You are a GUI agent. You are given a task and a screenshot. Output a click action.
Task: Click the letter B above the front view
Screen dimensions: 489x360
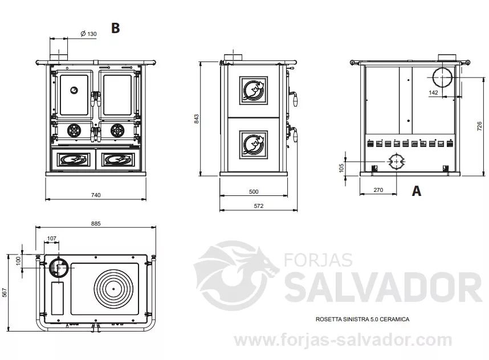[x=115, y=28]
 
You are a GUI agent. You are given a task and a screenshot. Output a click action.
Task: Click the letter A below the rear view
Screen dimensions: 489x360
[x=417, y=190]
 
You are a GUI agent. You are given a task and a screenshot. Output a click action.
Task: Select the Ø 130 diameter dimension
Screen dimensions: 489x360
[x=88, y=34]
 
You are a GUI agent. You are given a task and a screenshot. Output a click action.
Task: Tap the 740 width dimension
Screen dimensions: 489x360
[x=96, y=195]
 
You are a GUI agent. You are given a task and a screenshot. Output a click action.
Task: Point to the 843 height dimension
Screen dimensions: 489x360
[x=197, y=118]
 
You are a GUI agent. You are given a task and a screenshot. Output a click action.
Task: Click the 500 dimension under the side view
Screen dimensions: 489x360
[x=254, y=192]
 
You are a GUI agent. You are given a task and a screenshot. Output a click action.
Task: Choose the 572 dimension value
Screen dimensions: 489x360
[x=259, y=206]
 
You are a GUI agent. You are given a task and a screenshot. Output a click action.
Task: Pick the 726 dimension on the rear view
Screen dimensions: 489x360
[x=480, y=126]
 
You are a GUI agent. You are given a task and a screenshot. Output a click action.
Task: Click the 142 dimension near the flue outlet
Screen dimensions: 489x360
[x=434, y=93]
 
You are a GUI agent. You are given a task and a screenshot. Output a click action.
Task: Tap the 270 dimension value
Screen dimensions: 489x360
[x=378, y=190]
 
